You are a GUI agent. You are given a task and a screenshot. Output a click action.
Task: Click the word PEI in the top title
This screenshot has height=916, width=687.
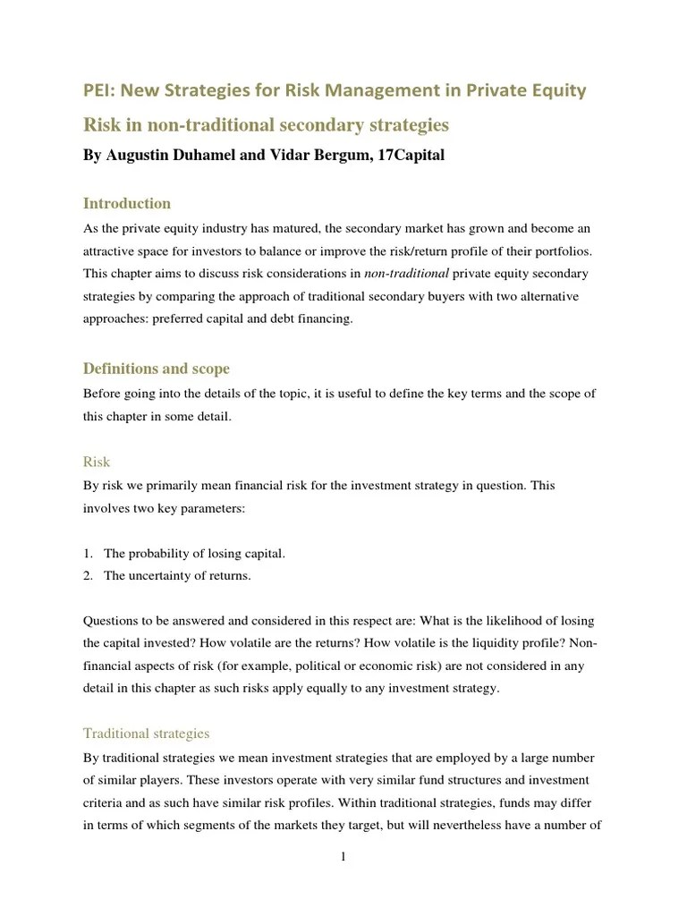click(99, 89)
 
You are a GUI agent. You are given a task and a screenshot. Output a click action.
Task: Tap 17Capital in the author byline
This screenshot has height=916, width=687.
click(406, 156)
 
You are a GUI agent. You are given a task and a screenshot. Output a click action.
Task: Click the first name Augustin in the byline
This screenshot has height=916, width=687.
click(138, 156)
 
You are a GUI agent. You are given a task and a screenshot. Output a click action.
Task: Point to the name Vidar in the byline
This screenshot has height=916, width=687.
click(275, 156)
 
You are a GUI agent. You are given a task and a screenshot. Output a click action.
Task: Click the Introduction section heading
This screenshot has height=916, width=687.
click(126, 203)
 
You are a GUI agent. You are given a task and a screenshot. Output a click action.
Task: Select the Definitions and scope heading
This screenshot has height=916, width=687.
click(156, 368)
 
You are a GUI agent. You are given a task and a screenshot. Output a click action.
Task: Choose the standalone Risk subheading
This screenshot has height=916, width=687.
click(97, 462)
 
